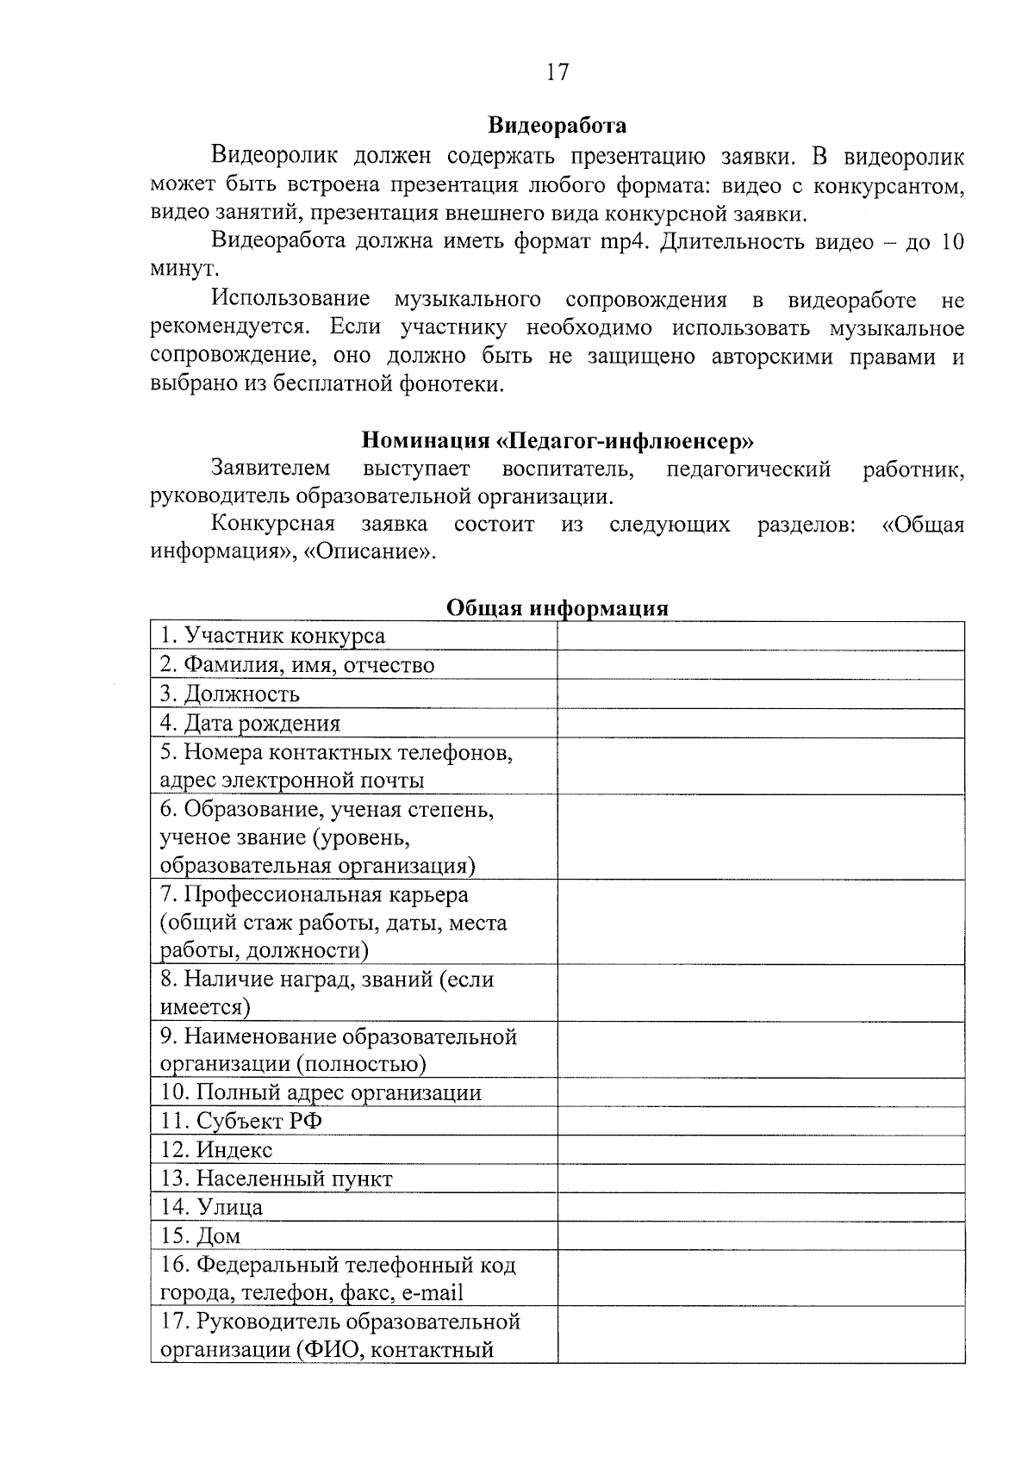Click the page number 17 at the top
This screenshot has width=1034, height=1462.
(x=557, y=72)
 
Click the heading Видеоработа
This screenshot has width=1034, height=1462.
(x=557, y=126)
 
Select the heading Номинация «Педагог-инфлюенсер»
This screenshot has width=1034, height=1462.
(x=557, y=441)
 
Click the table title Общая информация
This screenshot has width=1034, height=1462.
(x=557, y=608)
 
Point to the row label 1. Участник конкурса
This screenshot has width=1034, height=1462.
(x=272, y=637)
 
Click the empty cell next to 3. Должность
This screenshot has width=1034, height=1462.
(x=760, y=694)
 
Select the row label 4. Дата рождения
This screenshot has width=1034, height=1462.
(x=251, y=724)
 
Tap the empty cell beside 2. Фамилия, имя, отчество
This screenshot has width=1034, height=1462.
(x=760, y=665)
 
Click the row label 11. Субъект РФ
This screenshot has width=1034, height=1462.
(x=241, y=1122)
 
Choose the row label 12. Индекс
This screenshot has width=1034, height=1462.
(x=216, y=1150)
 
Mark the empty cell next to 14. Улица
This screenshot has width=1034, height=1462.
(x=760, y=1208)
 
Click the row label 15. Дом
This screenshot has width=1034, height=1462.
(x=201, y=1236)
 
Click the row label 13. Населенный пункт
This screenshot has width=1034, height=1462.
(x=277, y=1179)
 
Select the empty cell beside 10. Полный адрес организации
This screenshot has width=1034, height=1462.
(x=760, y=1093)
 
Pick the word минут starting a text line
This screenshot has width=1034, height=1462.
(x=179, y=270)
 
